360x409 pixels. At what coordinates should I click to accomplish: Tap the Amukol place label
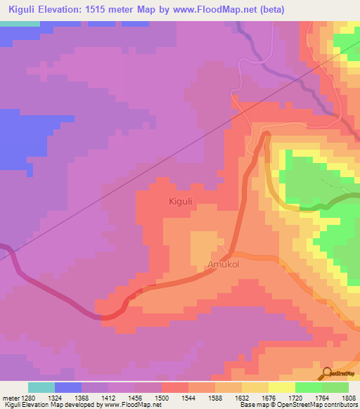click(x=223, y=265)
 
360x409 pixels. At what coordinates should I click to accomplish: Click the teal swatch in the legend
click(x=41, y=387)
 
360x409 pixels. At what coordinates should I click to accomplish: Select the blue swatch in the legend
click(x=68, y=387)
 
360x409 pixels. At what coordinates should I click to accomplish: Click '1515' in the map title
click(x=116, y=9)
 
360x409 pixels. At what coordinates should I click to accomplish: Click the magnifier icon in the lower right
click(x=328, y=372)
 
